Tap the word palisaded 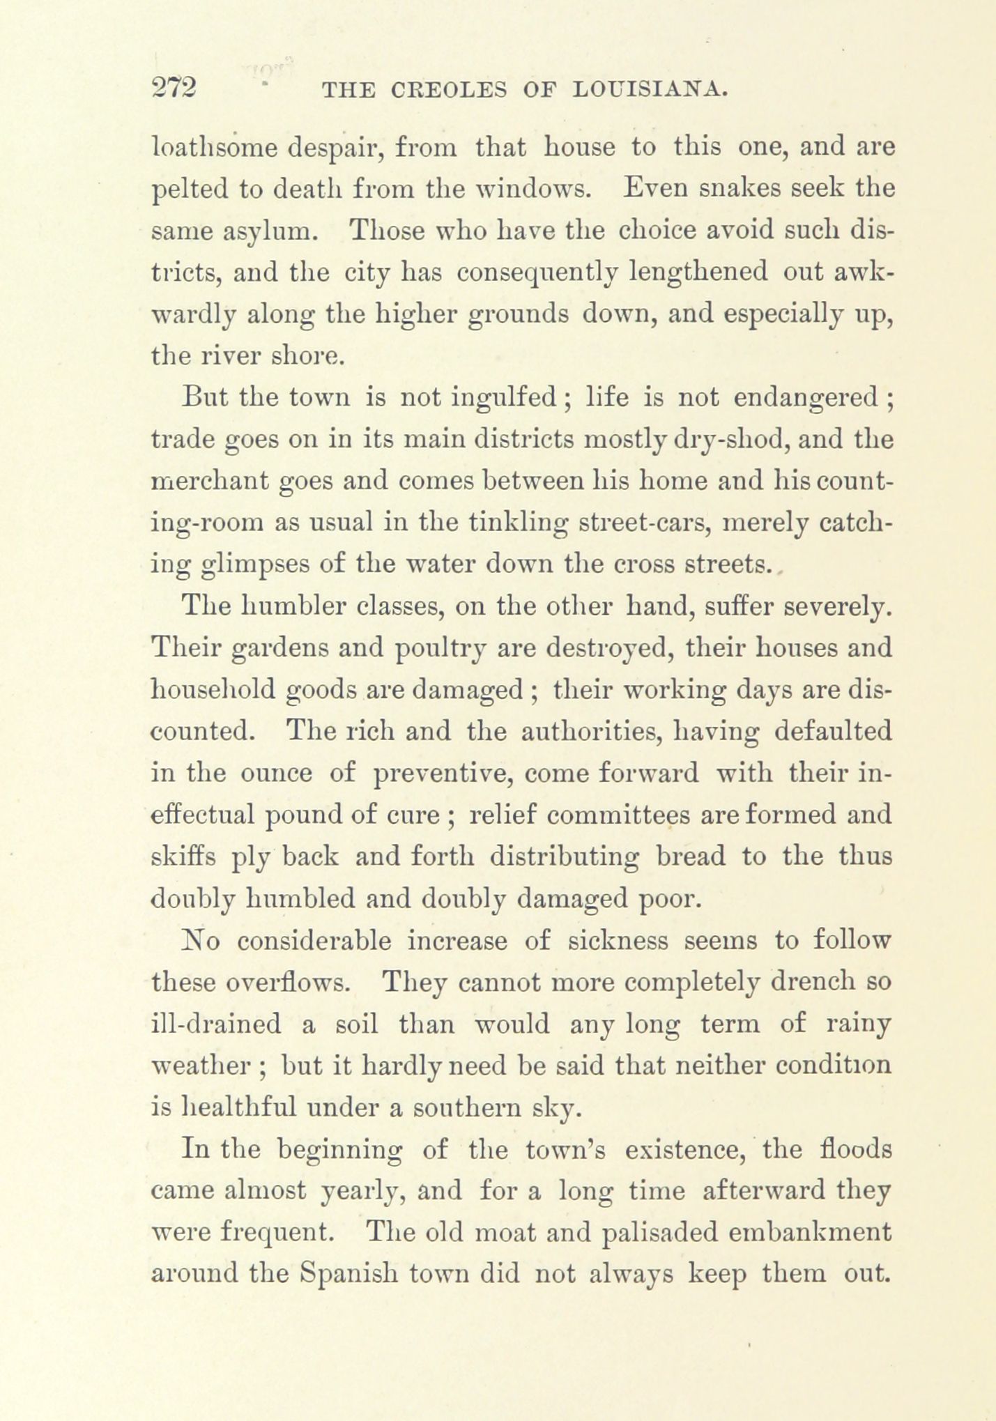pos(658,1233)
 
